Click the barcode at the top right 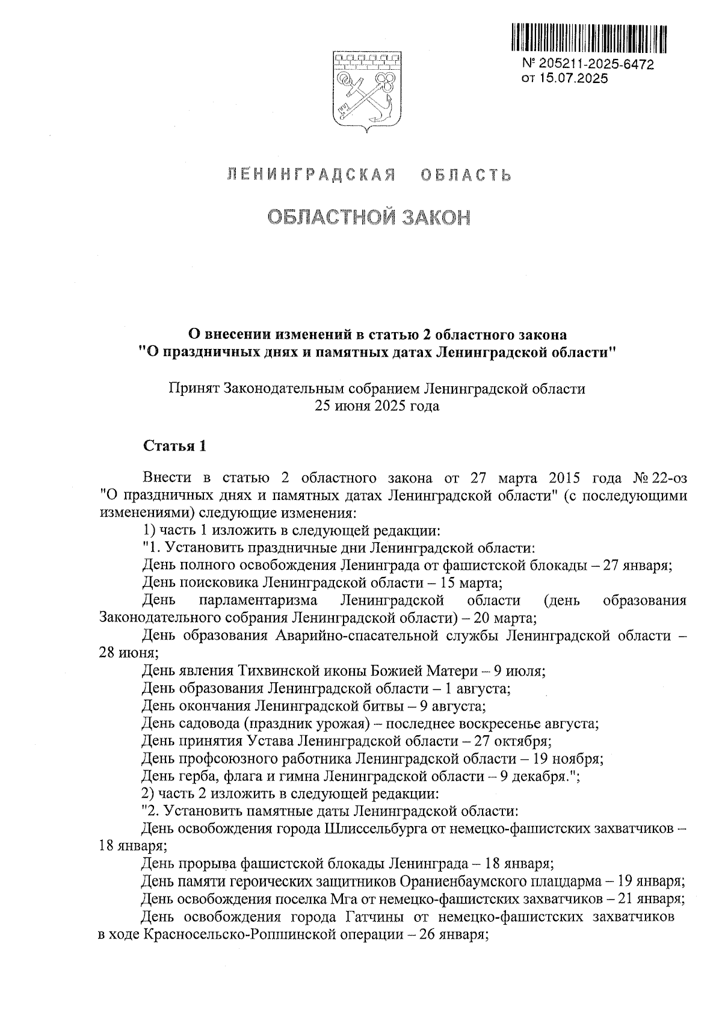[589, 37]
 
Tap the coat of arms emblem [363, 90]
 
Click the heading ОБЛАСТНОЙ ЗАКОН [368, 218]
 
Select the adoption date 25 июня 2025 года [377, 406]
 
